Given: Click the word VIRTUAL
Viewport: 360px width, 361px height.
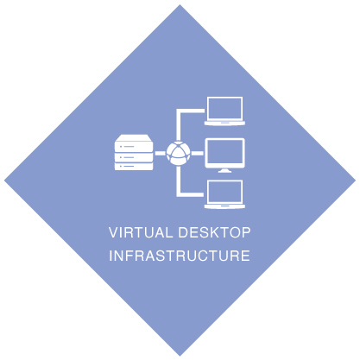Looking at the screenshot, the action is pos(141,232).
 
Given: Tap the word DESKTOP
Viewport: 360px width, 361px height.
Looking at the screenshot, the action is pos(214,232).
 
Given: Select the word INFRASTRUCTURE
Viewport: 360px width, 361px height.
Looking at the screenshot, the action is pos(180,256).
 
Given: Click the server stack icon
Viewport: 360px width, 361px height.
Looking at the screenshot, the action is pos(134,152).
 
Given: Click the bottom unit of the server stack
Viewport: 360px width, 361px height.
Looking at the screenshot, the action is pos(134,167).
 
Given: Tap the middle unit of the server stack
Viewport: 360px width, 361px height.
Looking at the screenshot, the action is pos(134,157).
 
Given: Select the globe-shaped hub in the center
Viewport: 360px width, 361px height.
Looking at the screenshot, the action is pos(179,153).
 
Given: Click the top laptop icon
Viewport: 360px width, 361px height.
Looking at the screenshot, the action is pos(224,111).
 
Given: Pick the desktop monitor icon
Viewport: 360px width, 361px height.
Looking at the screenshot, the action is pos(224,155).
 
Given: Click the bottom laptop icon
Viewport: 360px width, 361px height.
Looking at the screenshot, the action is pos(224,194).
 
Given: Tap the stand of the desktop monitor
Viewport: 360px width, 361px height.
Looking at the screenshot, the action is pos(224,171).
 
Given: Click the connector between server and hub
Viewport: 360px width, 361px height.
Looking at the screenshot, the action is pos(161,153).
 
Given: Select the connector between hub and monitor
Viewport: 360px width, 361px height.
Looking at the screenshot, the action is pos(198,153).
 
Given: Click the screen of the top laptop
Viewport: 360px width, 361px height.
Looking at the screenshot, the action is pos(224,108).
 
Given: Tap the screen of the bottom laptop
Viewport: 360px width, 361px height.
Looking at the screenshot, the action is pos(224,192).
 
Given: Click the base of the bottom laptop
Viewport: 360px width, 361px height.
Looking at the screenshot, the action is pos(224,206).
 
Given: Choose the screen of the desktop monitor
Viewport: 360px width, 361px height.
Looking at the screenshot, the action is pos(224,153).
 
